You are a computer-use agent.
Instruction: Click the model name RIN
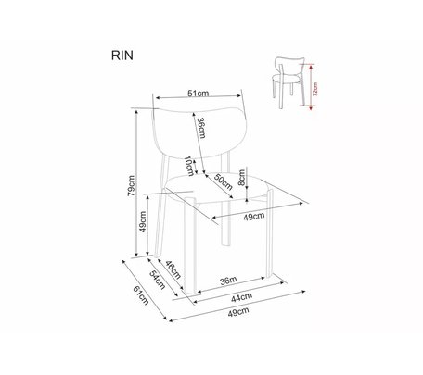coord(122,56)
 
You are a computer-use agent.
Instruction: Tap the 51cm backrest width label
coord(198,93)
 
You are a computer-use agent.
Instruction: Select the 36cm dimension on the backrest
coord(201,128)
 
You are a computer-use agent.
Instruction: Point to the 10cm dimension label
coord(189,166)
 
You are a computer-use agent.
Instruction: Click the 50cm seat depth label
coord(224,181)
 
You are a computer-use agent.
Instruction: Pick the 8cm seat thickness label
coord(241,178)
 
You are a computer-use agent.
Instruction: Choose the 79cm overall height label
coord(131,186)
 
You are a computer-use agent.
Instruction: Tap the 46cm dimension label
coord(173,269)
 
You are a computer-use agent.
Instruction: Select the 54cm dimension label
coord(158,280)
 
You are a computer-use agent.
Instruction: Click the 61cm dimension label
coord(141,295)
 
